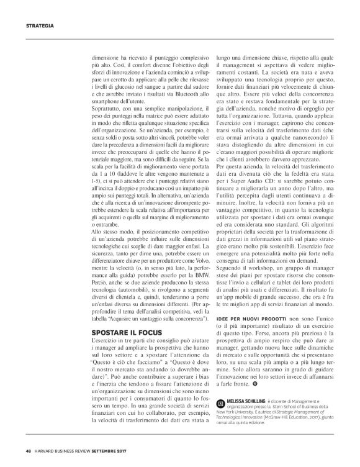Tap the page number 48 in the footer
[x=29, y=451]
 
